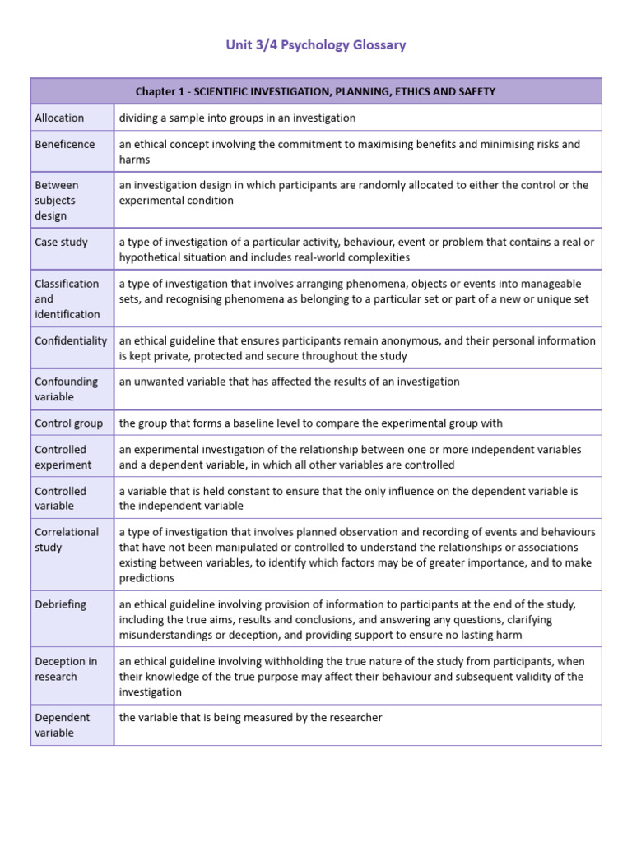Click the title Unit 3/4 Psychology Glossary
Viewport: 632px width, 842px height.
[316, 45]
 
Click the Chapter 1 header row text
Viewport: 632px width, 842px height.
[316, 91]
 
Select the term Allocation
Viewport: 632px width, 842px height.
[59, 118]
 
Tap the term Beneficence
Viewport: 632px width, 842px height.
[64, 144]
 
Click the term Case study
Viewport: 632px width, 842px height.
[61, 242]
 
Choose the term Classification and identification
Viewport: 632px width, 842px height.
[67, 298]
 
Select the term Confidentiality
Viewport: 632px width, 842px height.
[71, 340]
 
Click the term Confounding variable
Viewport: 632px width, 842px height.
[66, 389]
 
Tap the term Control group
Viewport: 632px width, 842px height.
[68, 423]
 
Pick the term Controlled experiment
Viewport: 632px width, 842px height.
[63, 457]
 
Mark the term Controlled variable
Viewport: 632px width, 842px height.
[60, 498]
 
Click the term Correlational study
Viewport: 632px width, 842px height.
[67, 539]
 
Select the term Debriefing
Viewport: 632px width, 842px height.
[60, 604]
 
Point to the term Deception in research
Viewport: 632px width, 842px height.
[66, 669]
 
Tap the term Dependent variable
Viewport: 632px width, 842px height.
[62, 725]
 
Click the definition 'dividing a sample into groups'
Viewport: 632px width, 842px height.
[237, 118]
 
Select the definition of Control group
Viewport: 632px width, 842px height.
[310, 423]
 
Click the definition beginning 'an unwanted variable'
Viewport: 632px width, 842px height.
[289, 382]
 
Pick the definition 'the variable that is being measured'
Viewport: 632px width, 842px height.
[250, 718]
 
